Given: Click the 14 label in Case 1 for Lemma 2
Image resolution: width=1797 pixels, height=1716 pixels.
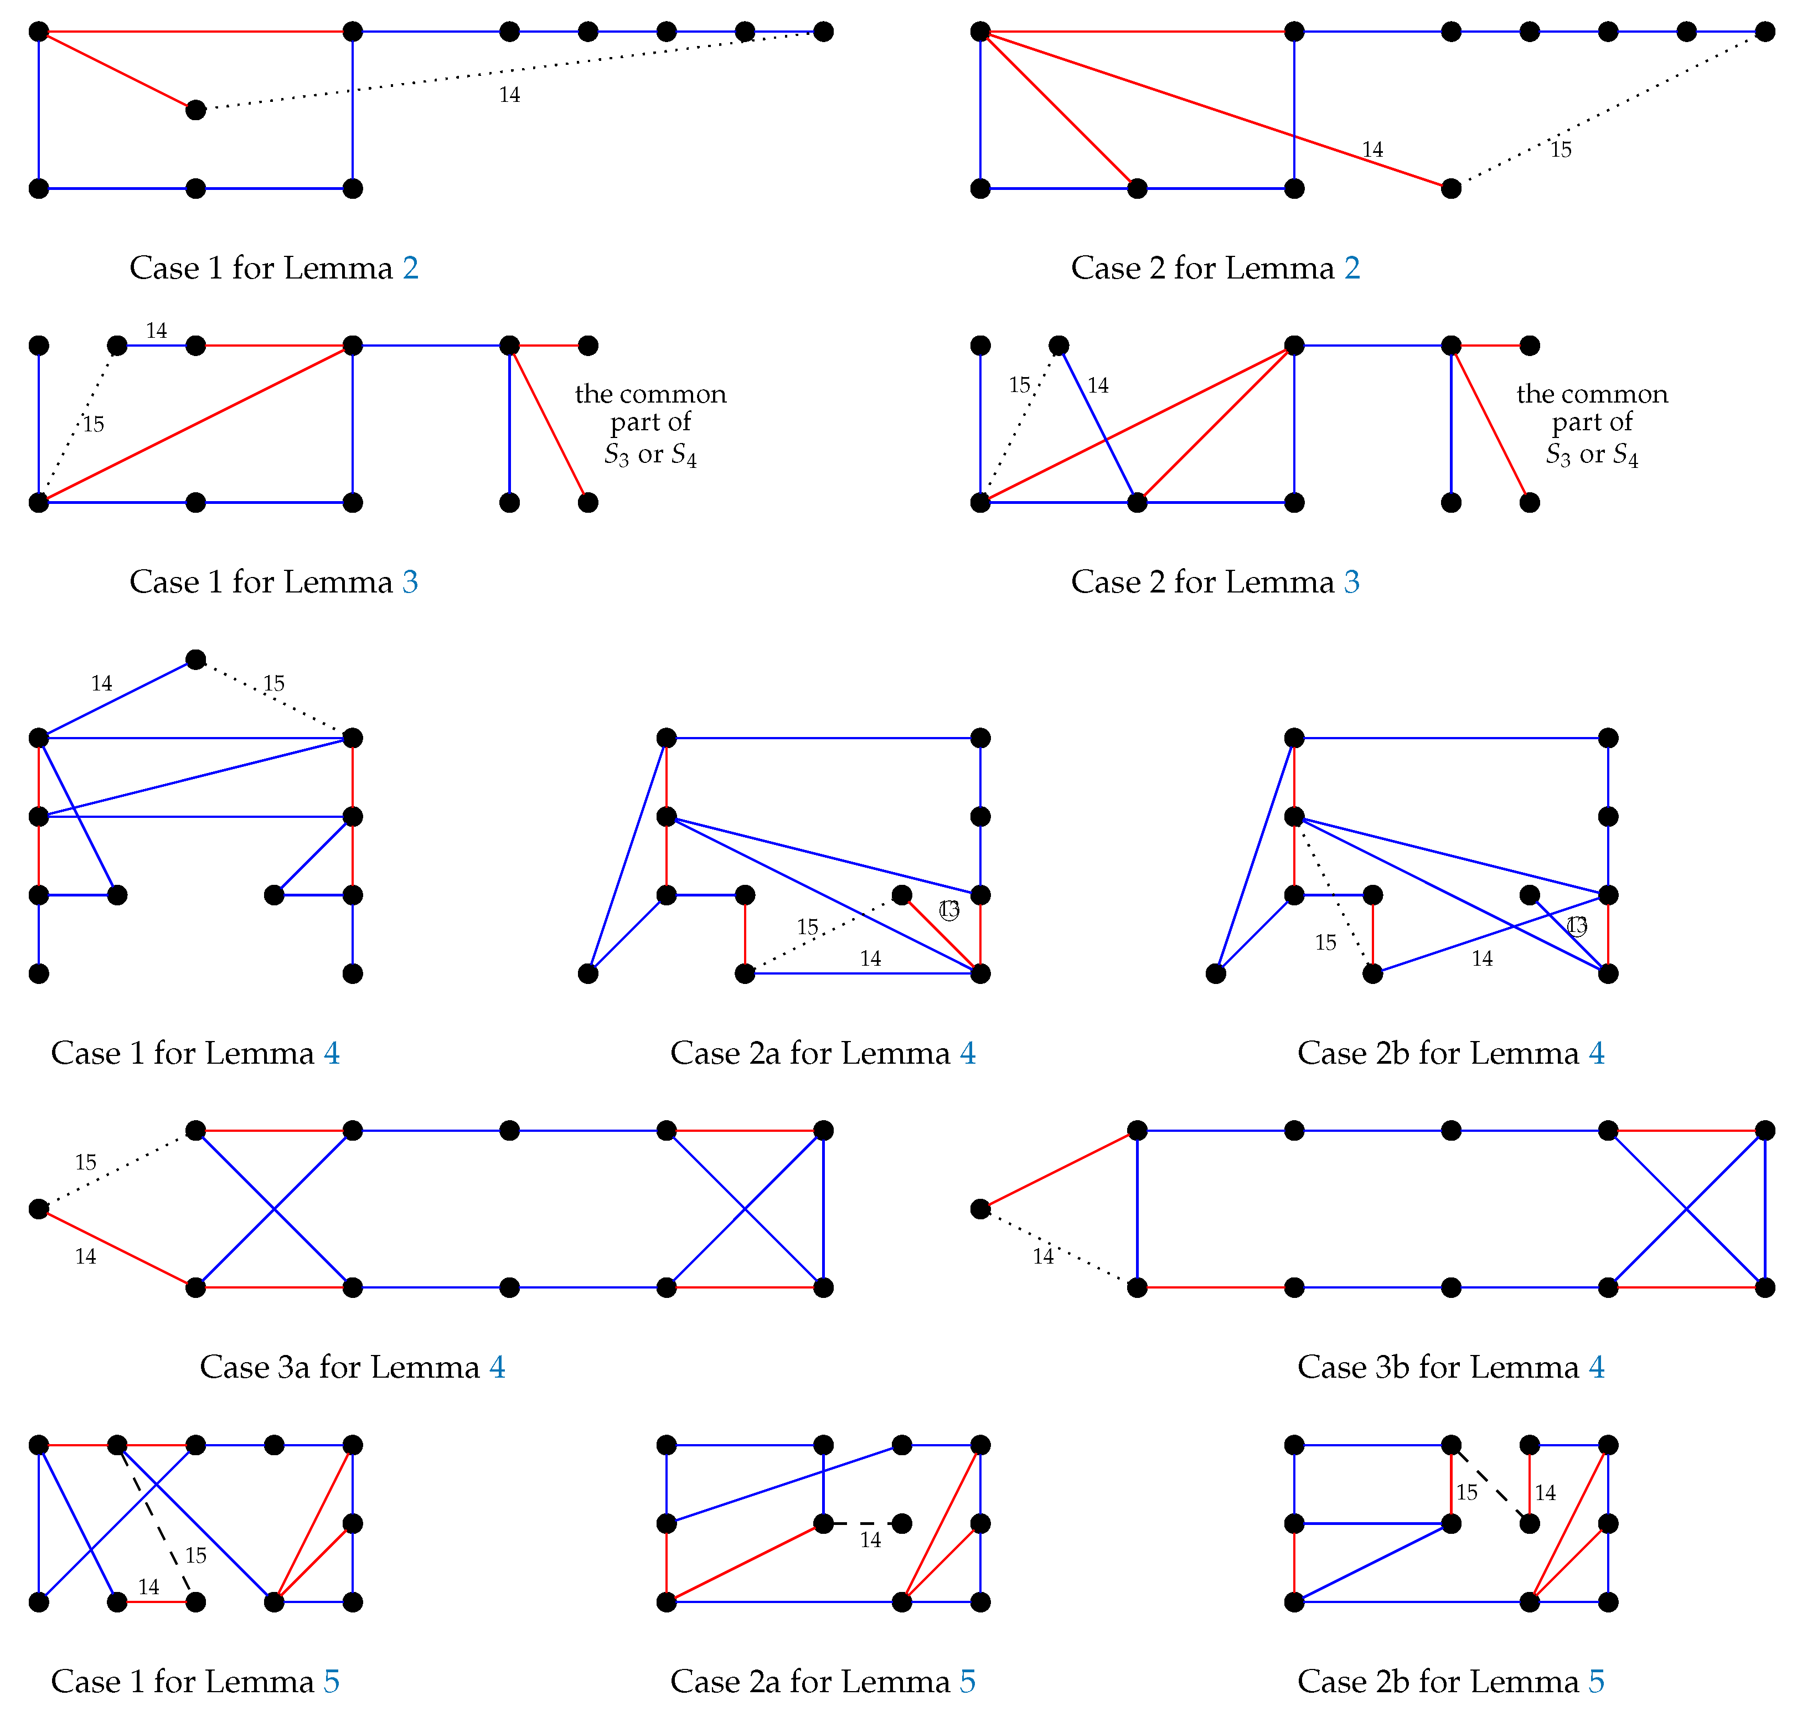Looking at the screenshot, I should pos(509,95).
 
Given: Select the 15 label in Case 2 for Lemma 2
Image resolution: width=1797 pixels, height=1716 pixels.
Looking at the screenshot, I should pos(1560,150).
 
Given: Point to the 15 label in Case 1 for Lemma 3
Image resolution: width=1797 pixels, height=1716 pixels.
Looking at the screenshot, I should pos(92,424).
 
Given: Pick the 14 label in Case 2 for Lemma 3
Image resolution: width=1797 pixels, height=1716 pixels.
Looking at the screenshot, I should pos(1097,386).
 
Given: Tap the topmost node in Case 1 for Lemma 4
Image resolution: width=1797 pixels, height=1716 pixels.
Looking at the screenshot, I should pos(196,659).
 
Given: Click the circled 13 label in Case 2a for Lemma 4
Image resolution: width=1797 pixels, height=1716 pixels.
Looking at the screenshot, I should pos(949,911).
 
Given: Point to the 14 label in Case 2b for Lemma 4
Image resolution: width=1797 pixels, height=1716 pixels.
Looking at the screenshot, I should pos(1481,959).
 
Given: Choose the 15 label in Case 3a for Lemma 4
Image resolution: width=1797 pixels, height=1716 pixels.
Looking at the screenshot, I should pos(85,1163).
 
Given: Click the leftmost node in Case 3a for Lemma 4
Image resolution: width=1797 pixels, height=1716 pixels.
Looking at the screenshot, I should pos(38,1209).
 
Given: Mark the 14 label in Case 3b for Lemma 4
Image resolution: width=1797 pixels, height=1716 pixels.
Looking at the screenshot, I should pos(1042,1257).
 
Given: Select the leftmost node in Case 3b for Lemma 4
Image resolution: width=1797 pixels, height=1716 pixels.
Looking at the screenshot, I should pos(980,1209).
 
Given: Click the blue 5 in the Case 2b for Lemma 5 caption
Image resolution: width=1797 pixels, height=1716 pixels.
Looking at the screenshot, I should pos(1596,1681).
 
